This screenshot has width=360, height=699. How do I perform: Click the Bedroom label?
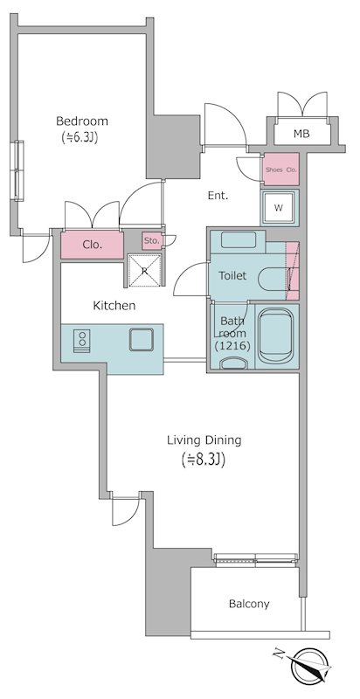click(82, 121)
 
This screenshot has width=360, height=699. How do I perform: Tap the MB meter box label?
click(302, 134)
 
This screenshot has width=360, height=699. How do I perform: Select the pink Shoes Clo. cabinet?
click(280, 170)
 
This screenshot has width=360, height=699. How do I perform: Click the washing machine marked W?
click(280, 208)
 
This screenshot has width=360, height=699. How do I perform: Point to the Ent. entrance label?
click(218, 196)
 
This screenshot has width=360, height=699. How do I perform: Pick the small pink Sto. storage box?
click(152, 241)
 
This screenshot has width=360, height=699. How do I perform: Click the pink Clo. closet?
click(93, 246)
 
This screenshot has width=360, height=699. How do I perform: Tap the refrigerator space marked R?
click(144, 270)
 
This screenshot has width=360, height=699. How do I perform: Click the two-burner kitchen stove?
click(81, 341)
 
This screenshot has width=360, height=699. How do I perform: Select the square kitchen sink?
click(142, 340)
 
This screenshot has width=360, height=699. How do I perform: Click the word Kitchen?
click(114, 306)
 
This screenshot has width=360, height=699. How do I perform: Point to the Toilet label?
click(232, 276)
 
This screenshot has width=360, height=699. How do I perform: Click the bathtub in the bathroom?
click(276, 336)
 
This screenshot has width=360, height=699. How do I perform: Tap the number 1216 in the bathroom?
click(232, 345)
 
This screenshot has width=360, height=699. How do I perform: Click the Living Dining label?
click(204, 441)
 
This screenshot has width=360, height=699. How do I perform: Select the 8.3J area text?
click(204, 460)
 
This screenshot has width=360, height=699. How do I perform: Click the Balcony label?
click(249, 604)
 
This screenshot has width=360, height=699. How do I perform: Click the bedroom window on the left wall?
click(18, 170)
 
